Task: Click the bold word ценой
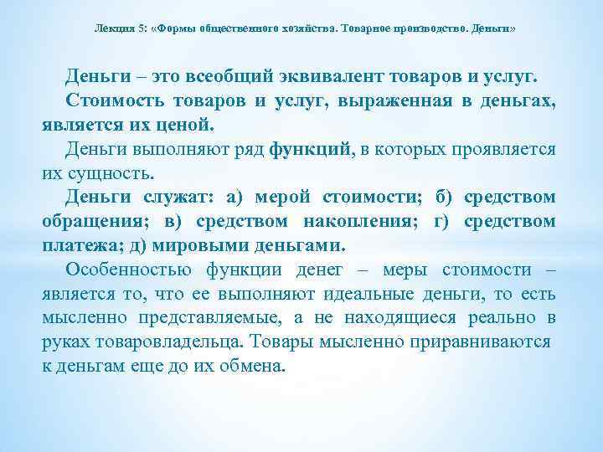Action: pos(188,126)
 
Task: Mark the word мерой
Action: pos(281,198)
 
